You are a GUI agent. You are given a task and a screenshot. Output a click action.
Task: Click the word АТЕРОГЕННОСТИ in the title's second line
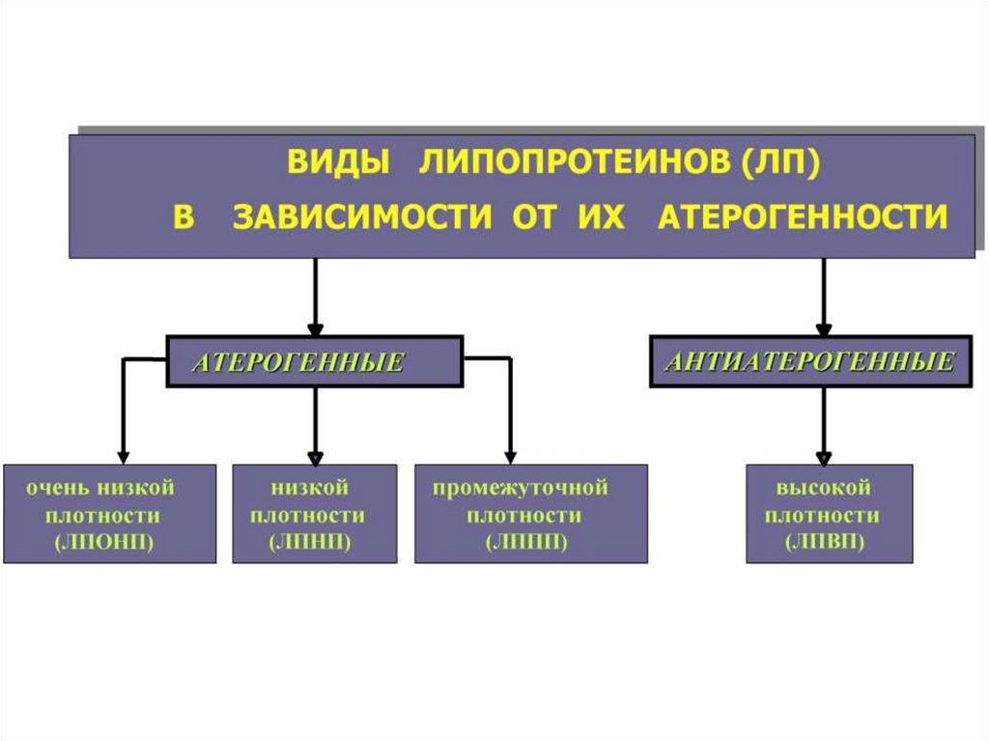tap(802, 216)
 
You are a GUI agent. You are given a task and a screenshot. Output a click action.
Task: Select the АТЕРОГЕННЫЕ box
tap(315, 362)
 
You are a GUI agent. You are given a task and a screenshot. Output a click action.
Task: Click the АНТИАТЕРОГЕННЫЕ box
tap(810, 362)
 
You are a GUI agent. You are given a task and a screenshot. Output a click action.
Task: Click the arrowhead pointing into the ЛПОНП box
tap(123, 455)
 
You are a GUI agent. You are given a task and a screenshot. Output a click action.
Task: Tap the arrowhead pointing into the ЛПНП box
tap(315, 455)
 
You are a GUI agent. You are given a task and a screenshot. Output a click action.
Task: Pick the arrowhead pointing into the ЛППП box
tap(511, 455)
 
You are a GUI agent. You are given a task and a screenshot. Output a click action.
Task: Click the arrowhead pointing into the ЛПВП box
tap(824, 455)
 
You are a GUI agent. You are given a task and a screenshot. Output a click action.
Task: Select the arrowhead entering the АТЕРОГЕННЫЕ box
tap(315, 328)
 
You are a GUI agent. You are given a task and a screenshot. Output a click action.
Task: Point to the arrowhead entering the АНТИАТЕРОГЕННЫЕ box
tap(824, 328)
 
